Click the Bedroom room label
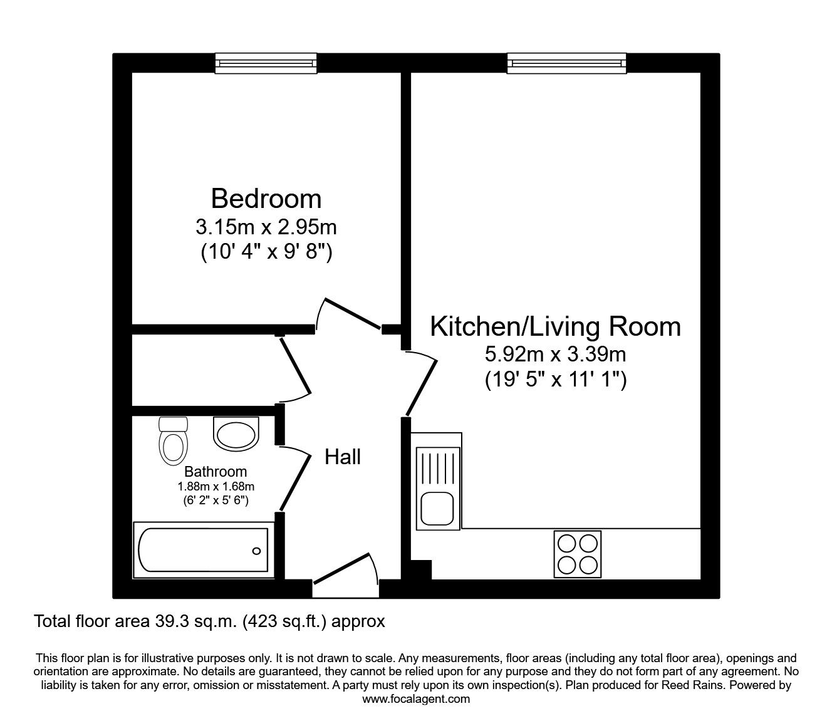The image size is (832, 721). point(266,199)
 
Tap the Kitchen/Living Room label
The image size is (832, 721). point(555,326)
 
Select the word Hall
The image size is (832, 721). point(343,457)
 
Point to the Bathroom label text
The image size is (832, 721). point(216,472)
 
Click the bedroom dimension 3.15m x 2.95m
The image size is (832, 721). point(266,226)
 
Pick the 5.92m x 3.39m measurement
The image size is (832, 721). point(555,355)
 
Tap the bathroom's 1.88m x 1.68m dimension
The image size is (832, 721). point(216,486)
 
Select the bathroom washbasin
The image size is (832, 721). point(236,433)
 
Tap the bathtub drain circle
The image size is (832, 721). point(256,551)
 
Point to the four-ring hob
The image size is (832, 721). point(578,553)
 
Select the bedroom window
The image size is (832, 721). point(266,62)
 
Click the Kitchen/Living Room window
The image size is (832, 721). point(566,62)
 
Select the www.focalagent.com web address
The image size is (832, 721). point(416,699)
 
